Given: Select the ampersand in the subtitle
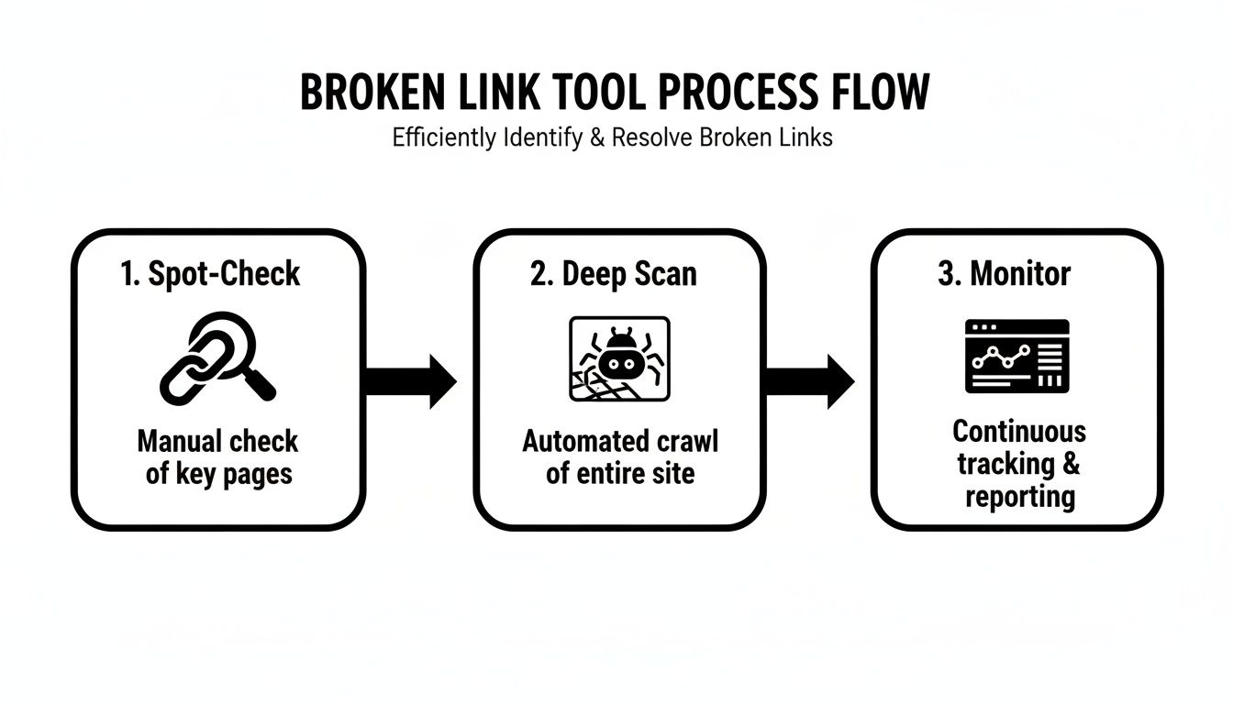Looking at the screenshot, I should pyautogui.click(x=598, y=138).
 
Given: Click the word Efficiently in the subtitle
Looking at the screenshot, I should pyautogui.click(x=444, y=138).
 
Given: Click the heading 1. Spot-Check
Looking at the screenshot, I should pyautogui.click(x=210, y=273).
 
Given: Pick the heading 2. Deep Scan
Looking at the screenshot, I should pyautogui.click(x=613, y=273).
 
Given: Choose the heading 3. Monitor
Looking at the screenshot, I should pyautogui.click(x=1004, y=273).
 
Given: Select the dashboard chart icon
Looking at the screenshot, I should pyautogui.click(x=1016, y=356).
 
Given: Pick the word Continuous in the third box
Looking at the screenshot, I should pyautogui.click(x=1018, y=431).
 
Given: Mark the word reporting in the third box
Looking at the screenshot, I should pyautogui.click(x=1018, y=497).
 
